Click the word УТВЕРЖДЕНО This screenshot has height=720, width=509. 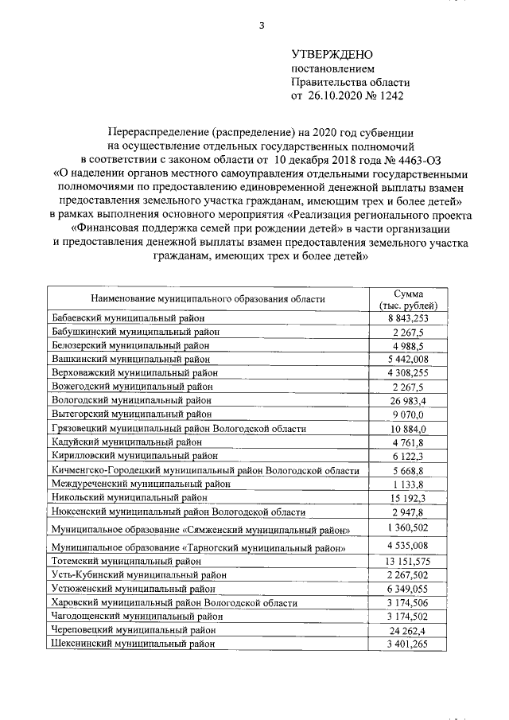[x=331, y=54]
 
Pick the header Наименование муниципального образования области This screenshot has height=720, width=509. [x=208, y=298]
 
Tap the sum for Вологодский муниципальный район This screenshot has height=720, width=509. [x=409, y=400]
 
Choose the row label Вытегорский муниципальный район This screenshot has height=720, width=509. [x=131, y=414]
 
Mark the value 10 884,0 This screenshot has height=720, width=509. [x=409, y=428]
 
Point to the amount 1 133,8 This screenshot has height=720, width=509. [x=409, y=484]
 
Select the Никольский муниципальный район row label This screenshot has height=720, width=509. [x=128, y=497]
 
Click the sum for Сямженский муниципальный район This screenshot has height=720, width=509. [x=409, y=527]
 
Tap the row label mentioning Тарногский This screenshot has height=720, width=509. [x=198, y=548]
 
